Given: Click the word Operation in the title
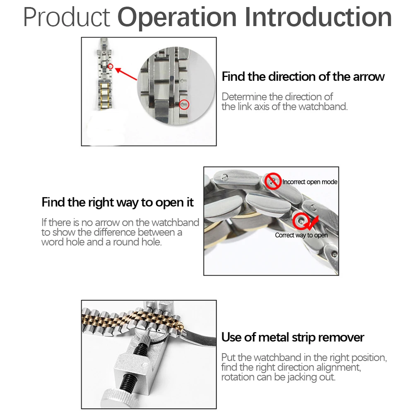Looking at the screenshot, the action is pos(178,17).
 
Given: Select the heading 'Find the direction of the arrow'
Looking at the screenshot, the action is pos(303,77).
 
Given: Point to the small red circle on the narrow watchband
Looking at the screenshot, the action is pos(111,66).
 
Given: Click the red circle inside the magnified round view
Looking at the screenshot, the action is pos(185,105).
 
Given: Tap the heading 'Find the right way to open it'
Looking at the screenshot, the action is pos(118,202).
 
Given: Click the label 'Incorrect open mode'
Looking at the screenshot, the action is pos(310,182).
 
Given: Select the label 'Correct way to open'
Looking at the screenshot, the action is pos(301,235).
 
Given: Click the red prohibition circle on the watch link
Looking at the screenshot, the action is pos(273,181).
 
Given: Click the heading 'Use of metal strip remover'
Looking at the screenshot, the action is pos(293,337).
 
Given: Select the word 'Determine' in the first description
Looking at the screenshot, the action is pos(244,97).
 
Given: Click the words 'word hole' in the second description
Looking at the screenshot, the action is pos(63,242).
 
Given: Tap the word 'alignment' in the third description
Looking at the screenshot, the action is pos(339,367).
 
